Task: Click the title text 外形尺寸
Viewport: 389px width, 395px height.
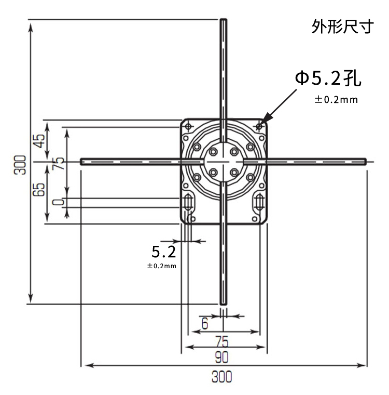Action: point(342,27)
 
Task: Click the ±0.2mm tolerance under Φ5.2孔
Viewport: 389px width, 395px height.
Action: point(336,100)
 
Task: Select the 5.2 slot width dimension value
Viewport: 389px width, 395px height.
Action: point(163,253)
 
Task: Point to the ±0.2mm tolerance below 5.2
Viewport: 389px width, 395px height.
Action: point(162,266)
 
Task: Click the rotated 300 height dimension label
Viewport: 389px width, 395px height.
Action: point(20,165)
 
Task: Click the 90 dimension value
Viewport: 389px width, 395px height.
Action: point(223,357)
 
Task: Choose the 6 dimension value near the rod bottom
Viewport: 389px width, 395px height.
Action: point(204,324)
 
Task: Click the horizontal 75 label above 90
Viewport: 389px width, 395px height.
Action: point(223,341)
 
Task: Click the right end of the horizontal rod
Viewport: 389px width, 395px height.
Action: point(365,161)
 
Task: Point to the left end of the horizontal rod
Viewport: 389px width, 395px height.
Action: point(82,161)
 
